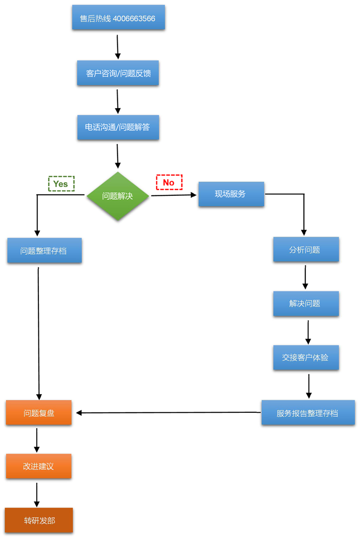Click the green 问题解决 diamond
pos(118,196)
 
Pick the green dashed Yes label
pos(61,184)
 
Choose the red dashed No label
pos(169,182)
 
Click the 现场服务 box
pos(231,194)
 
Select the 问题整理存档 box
pos(44,250)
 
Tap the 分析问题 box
pos(306,250)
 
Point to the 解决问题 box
pos(306,303)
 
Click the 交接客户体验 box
pos(306,357)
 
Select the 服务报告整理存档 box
pos(308,412)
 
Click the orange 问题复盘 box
pos(39,412)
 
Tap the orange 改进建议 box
pos(39,466)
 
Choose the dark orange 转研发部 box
pos(39,520)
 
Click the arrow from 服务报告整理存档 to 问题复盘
pos(167,412)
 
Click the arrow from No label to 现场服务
pos(174,195)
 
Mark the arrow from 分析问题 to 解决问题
pos(306,277)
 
